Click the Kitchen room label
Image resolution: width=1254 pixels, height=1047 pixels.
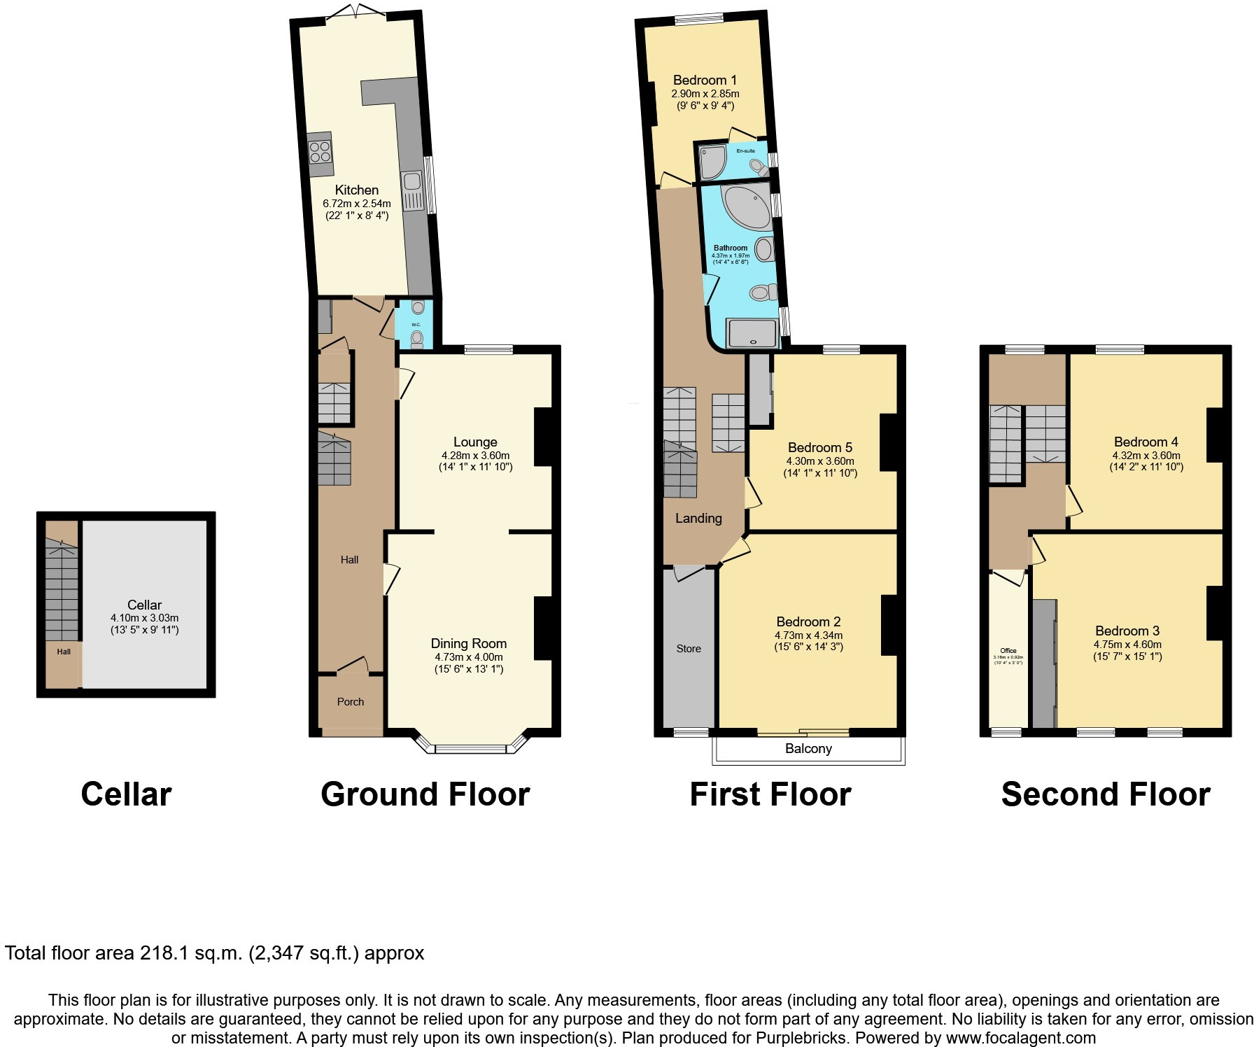[356, 190]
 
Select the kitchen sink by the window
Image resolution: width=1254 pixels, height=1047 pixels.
[412, 190]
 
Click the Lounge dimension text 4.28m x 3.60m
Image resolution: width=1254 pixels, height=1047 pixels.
[475, 455]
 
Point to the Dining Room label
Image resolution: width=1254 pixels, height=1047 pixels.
[468, 643]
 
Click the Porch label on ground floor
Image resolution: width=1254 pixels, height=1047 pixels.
[351, 701]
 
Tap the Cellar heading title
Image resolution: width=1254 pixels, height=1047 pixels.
[126, 794]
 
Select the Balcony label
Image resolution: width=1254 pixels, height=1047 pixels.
[808, 748]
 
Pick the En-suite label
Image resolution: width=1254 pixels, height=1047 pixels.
[745, 150]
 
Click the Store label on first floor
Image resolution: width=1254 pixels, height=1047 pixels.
[689, 649]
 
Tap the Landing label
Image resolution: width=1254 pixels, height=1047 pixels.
[698, 518]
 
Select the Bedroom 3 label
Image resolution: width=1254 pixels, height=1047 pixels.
[1127, 631]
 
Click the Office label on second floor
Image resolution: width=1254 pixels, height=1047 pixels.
[1008, 650]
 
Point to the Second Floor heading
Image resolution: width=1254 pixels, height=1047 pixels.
[1106, 794]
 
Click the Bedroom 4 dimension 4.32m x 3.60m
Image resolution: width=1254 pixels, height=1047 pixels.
[1146, 455]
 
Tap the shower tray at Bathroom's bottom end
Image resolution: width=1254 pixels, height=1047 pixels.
[752, 333]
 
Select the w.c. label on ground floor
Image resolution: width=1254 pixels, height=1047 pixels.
[416, 325]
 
